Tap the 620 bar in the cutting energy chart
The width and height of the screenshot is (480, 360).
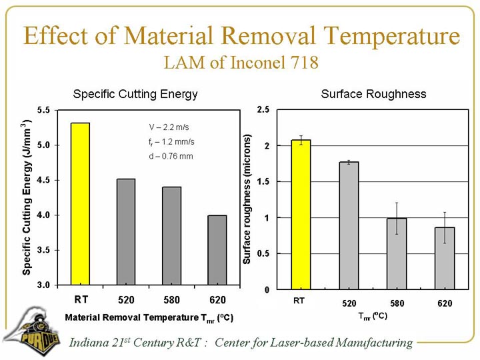(217, 249)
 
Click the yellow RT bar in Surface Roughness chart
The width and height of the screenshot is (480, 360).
(301, 215)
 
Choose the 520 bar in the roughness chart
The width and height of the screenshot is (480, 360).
(349, 225)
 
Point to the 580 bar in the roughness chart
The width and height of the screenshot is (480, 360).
(397, 253)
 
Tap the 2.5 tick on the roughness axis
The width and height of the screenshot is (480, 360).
(262, 110)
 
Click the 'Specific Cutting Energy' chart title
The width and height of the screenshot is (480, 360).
(135, 94)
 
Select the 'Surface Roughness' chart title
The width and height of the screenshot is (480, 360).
(373, 94)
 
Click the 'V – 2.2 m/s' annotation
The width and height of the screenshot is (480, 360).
(171, 127)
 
